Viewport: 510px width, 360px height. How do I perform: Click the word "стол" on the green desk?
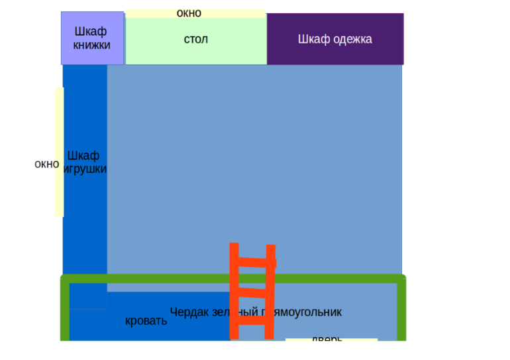(x=195, y=40)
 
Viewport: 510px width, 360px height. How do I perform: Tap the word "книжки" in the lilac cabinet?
(x=91, y=46)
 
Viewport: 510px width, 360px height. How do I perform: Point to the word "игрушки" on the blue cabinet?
(x=84, y=169)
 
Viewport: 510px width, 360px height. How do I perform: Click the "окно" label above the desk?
(x=189, y=13)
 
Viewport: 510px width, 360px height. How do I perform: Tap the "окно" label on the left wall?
(x=45, y=164)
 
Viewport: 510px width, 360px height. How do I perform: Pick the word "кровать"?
(x=146, y=321)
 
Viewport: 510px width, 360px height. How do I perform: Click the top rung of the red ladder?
(x=252, y=262)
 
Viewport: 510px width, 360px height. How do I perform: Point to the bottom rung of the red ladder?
(x=252, y=320)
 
